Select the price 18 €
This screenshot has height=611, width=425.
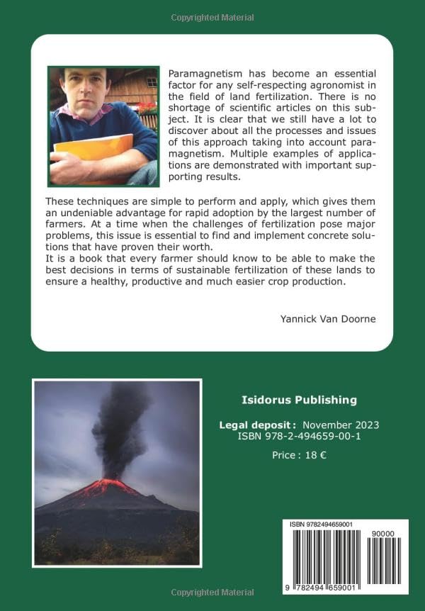click(299, 456)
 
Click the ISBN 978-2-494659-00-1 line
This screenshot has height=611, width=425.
click(300, 437)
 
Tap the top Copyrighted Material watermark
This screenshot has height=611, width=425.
click(212, 18)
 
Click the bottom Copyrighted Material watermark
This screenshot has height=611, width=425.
click(212, 592)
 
